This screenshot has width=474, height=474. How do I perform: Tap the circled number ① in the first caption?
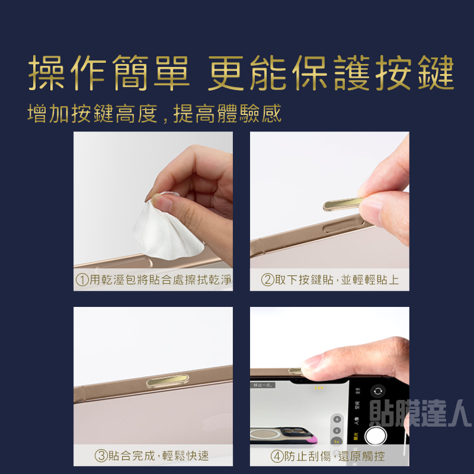tap(82, 280)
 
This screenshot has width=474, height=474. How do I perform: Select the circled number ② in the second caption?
tap(267, 280)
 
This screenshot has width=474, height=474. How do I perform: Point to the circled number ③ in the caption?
tap(101, 456)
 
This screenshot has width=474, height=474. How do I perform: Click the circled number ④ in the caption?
tap(277, 456)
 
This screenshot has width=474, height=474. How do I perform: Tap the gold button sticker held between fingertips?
tap(343, 204)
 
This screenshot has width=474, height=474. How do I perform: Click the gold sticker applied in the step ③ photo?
tap(168, 380)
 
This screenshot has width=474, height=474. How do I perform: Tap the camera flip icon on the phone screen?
tap(378, 391)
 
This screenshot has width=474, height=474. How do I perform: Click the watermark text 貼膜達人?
tap(420, 413)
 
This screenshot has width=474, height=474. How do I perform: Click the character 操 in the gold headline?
tap(46, 72)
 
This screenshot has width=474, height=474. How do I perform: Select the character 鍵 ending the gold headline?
tap(436, 72)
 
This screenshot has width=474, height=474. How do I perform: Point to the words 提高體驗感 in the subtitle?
tap(228, 114)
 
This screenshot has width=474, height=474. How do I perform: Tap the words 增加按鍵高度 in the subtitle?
tap(92, 114)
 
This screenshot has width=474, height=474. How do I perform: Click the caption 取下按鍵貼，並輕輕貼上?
tap(337, 280)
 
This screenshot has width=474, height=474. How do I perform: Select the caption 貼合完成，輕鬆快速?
tap(158, 456)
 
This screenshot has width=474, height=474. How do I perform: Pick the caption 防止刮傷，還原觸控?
tap(334, 456)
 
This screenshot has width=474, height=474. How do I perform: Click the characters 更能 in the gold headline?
tap(247, 72)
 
